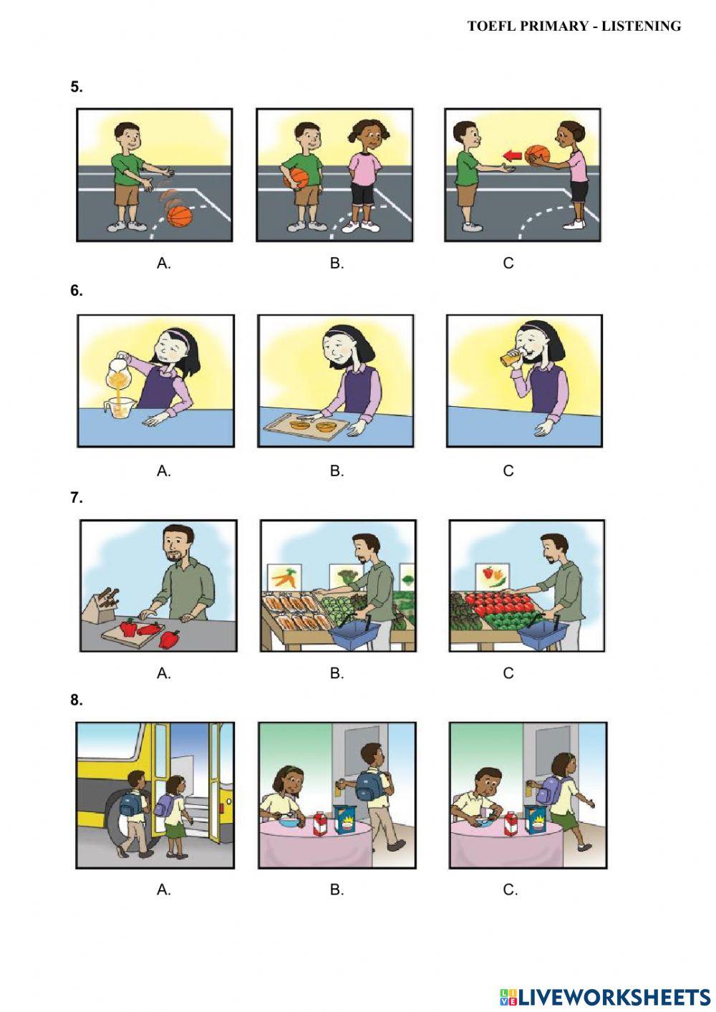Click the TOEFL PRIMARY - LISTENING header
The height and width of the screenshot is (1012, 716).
[x=574, y=26]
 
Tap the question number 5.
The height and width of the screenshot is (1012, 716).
[x=77, y=87]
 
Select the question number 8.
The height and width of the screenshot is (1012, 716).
[x=77, y=700]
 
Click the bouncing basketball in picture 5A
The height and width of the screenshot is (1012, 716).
[x=180, y=215]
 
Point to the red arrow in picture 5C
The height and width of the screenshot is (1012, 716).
[x=511, y=155]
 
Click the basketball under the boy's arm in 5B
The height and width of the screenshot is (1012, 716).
[x=296, y=178]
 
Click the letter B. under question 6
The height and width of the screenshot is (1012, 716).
[x=337, y=471]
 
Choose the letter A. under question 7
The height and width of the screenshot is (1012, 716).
[x=164, y=673]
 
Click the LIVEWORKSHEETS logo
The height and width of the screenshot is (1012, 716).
[x=605, y=996]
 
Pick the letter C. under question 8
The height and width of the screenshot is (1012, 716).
[x=510, y=890]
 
